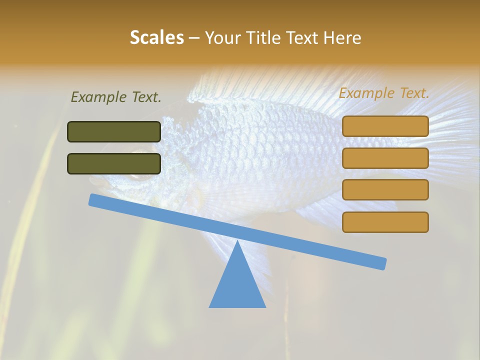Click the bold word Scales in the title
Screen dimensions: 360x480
coord(157,37)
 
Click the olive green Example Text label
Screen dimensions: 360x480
coord(116,97)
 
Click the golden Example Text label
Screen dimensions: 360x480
coord(384,93)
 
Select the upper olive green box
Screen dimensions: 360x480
coord(114,131)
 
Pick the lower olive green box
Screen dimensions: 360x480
coord(114,163)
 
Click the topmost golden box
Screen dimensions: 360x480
coord(385,126)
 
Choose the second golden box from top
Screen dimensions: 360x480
coord(385,158)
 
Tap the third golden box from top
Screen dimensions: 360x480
coord(385,190)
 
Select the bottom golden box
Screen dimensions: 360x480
coord(385,222)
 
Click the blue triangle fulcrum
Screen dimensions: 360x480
coord(237,285)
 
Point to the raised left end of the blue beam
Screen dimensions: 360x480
coord(93,200)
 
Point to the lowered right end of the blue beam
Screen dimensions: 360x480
coord(382,263)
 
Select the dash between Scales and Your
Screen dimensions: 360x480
coord(194,37)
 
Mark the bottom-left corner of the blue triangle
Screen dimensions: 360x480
coord(209,307)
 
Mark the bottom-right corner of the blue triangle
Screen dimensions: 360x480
coord(265,307)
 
